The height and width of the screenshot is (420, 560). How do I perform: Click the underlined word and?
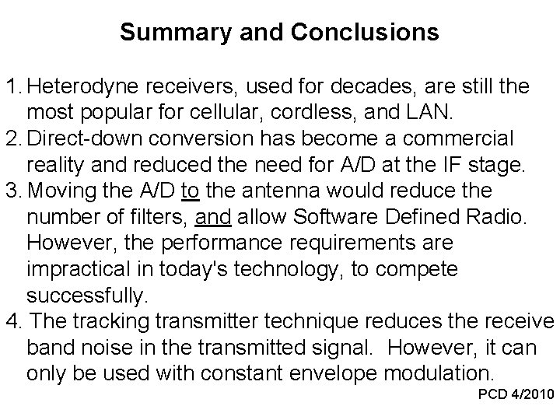(212, 219)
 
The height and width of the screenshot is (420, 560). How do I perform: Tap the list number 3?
(12, 191)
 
